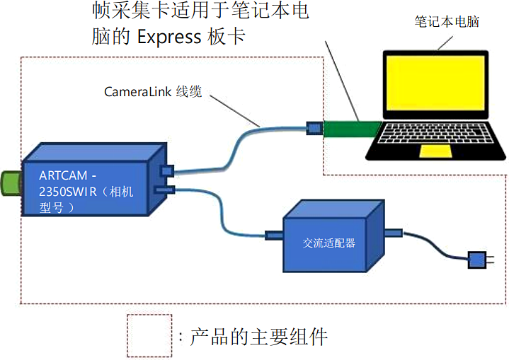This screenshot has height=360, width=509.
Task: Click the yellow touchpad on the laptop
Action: pos(433,151)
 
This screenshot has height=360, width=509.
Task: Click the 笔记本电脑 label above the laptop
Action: pos(447,22)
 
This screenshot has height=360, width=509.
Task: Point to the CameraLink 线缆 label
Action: pos(153,92)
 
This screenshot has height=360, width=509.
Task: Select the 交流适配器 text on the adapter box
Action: pos(328,243)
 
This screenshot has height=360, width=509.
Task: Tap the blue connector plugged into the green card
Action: pos(313,128)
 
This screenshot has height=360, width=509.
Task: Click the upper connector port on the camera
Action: pos(167,171)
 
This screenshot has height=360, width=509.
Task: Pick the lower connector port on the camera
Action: pos(164,190)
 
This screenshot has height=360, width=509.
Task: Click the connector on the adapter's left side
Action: pos(274,235)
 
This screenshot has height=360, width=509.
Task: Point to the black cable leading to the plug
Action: pos(435,248)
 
